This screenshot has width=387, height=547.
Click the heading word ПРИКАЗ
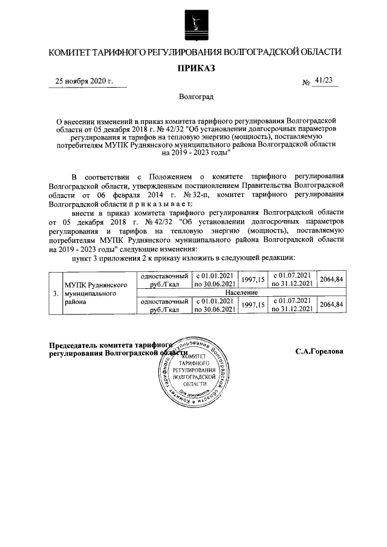click(195, 68)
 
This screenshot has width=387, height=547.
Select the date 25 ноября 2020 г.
click(84, 81)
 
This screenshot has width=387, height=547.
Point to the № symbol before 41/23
click(305, 83)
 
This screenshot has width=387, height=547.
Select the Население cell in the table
click(242, 292)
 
